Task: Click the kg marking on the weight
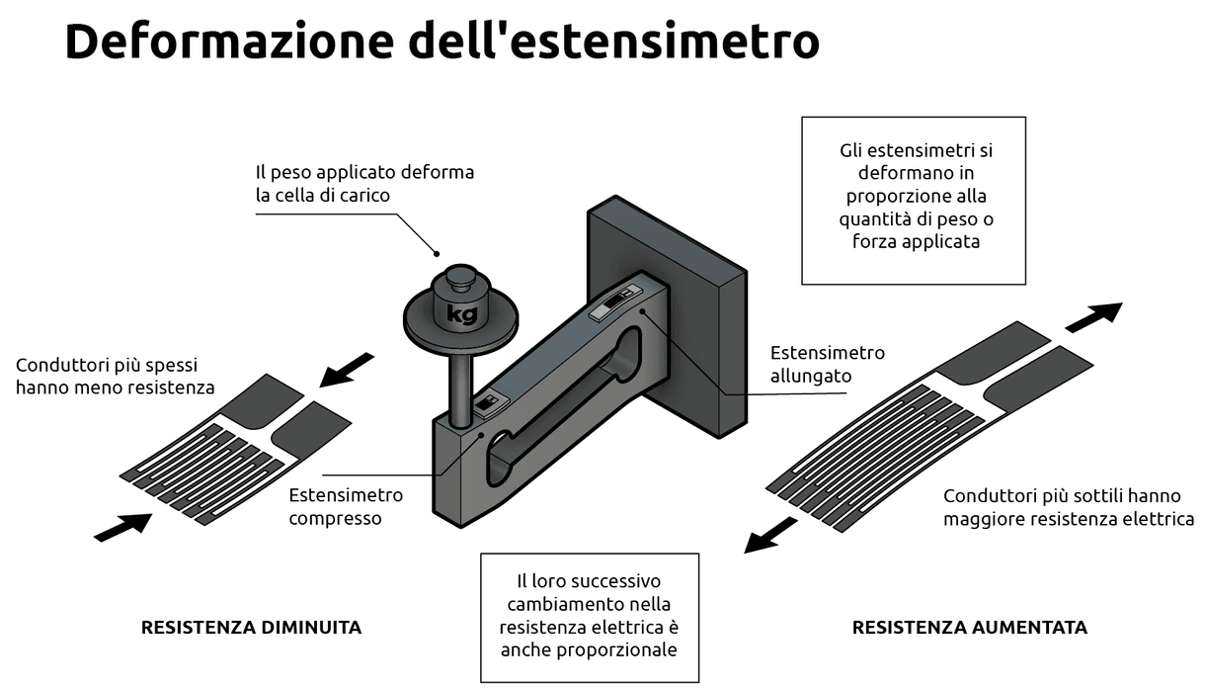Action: coord(462,314)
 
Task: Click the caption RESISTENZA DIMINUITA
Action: coord(251,627)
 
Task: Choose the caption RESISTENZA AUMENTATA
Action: coord(969,627)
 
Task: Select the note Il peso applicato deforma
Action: coord(364,183)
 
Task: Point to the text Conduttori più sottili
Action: coord(1068,507)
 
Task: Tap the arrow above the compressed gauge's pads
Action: coord(350,368)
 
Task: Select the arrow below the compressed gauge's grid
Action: coord(122,526)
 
